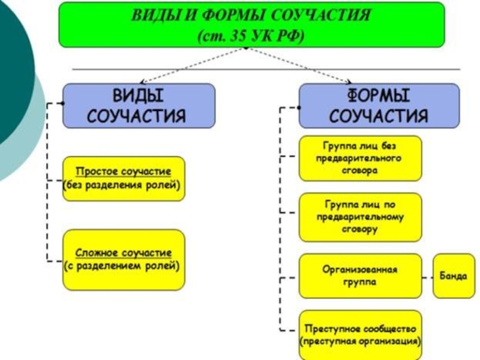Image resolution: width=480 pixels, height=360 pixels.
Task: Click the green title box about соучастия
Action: point(251,25)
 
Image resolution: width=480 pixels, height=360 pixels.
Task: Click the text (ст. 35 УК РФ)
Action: point(251,35)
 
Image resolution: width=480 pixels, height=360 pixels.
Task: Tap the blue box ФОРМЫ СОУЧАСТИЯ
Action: point(379,105)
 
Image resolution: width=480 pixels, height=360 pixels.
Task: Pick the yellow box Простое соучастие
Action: point(124,179)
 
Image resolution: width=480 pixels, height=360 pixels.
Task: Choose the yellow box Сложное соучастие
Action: point(124,259)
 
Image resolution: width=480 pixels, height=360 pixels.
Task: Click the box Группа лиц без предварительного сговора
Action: point(360,158)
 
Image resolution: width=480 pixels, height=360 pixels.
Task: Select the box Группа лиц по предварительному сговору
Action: point(360,216)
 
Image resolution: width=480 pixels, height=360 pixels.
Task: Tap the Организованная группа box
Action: point(360,276)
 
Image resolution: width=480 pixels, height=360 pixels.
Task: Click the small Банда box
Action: point(454,276)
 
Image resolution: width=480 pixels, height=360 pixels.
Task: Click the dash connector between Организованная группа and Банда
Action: point(427,277)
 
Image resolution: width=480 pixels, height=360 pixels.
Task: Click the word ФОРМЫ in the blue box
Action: point(379,96)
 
